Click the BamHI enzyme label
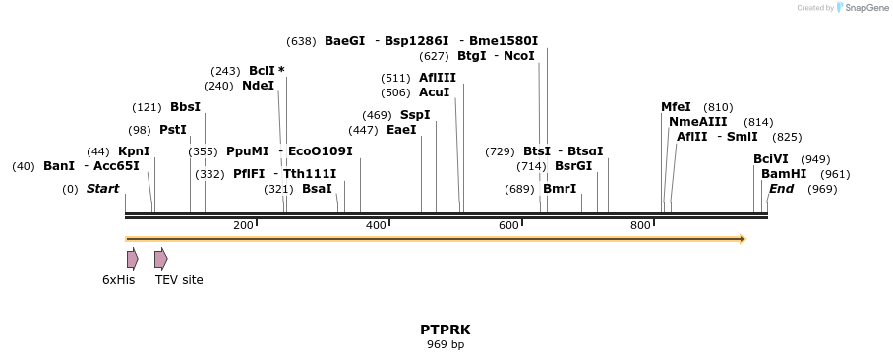(x=784, y=174)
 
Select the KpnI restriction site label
(x=134, y=151)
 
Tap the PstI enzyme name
(x=173, y=130)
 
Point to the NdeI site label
(x=258, y=86)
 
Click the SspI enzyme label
(x=415, y=115)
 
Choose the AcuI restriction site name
(x=434, y=92)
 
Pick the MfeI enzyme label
(x=676, y=107)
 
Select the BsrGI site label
(x=573, y=166)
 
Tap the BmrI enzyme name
(x=560, y=189)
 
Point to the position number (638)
(x=301, y=41)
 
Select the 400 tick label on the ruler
(x=376, y=226)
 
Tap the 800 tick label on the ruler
(x=641, y=226)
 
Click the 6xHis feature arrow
(x=132, y=259)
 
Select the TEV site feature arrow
(x=160, y=259)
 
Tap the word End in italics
(x=781, y=189)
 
